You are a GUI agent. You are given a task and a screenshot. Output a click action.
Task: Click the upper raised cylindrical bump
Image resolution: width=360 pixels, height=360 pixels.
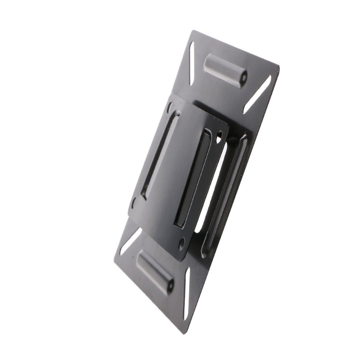[x=225, y=70]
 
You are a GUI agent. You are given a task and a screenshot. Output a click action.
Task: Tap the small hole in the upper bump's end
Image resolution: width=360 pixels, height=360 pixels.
[x=243, y=78]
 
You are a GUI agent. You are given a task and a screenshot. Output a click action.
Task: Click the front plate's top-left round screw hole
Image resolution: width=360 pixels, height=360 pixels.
[x=170, y=108]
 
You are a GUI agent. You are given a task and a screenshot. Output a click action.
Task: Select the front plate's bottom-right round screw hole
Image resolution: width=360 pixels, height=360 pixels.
[x=181, y=245]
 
